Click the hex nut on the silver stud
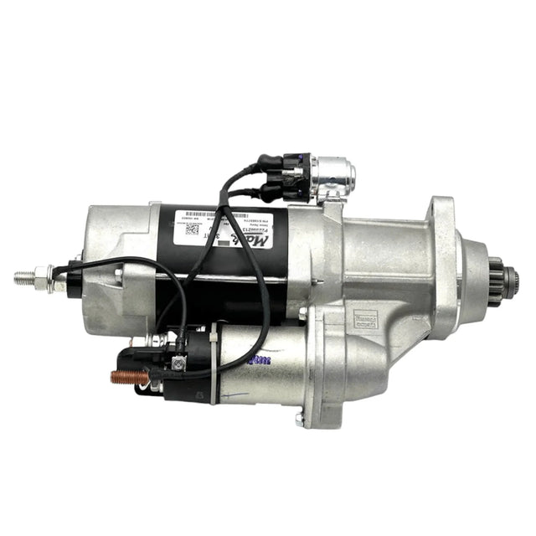[48, 277]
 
